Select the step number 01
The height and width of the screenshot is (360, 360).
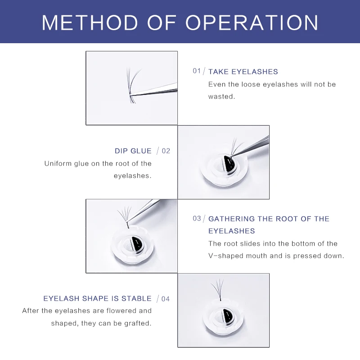click(x=197, y=71)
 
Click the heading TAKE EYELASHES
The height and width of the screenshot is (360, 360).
click(x=243, y=72)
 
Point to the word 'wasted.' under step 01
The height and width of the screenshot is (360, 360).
click(x=221, y=96)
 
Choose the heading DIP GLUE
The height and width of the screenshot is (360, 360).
click(x=133, y=151)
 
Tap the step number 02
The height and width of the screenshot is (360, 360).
click(x=166, y=151)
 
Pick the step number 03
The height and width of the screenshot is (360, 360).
click(x=197, y=218)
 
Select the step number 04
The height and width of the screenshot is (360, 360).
click(x=166, y=298)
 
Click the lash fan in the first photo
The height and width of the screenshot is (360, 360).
click(x=132, y=83)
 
